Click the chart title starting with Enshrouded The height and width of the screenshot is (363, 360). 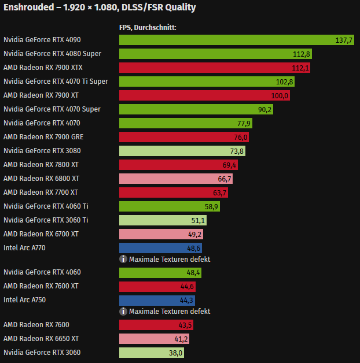coord(100,8)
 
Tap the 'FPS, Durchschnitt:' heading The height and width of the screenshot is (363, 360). coord(147,27)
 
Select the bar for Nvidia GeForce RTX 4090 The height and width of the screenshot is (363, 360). coord(232,40)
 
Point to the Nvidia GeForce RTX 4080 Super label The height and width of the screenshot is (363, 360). coord(52,54)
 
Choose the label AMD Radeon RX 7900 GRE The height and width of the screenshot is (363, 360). coord(43,137)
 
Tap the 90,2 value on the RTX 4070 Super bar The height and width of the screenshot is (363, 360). coord(265,109)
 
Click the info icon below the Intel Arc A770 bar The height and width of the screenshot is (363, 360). coord(123,260)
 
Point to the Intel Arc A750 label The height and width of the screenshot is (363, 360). coord(24,300)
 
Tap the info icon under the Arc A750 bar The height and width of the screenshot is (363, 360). coord(123,312)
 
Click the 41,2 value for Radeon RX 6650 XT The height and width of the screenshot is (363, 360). coord(182,339)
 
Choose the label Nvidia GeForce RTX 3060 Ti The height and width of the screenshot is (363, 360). coord(46,220)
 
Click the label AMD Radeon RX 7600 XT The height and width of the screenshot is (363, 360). coord(41,286)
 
